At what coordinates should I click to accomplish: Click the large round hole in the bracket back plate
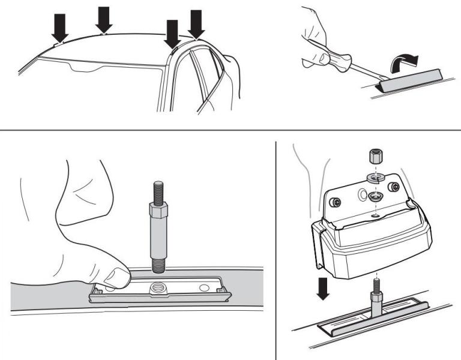[362, 195]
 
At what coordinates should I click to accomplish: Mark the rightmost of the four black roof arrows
[196, 22]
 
